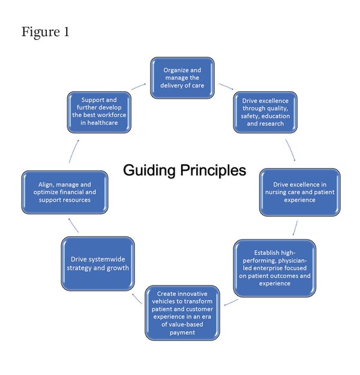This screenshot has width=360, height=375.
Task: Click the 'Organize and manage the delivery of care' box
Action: (182, 78)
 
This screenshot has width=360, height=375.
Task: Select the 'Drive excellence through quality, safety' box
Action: (265, 112)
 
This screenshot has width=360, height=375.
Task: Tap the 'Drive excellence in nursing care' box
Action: (300, 192)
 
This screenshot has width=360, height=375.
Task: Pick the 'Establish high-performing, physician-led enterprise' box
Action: (275, 268)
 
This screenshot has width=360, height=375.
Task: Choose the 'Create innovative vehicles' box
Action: (182, 313)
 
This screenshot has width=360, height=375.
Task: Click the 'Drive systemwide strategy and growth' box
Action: (98, 263)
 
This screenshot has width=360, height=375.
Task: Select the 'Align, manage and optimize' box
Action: (65, 192)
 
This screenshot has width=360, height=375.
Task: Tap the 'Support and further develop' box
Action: (99, 112)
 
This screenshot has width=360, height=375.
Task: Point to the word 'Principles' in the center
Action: (213, 171)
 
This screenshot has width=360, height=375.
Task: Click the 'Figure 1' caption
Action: (46, 32)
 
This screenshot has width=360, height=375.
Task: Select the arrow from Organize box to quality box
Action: (226, 86)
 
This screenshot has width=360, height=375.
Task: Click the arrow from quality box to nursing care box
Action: (291, 150)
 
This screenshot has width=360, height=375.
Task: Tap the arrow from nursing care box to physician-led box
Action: (295, 228)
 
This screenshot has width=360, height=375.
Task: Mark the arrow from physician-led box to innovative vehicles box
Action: (231, 302)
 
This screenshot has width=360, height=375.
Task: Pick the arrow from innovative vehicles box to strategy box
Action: (137, 299)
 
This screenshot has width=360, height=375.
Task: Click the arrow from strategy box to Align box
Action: (73, 225)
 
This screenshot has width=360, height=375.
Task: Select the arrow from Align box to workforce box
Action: (74, 151)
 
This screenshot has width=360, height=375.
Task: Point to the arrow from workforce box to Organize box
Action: (139, 86)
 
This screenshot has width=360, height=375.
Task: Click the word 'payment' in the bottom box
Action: (182, 332)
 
